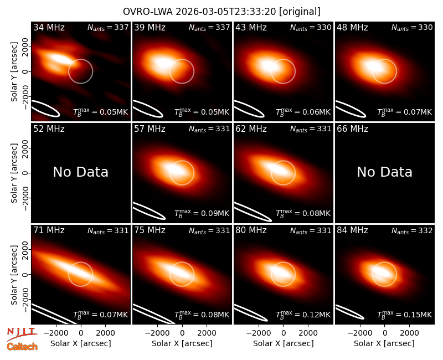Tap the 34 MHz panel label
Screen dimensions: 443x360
(49, 27)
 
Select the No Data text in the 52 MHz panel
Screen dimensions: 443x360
(81, 172)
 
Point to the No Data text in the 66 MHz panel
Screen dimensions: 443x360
(384, 172)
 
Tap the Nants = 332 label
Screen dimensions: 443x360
(412, 231)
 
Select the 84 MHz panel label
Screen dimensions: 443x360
(352, 230)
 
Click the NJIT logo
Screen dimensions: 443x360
(22, 333)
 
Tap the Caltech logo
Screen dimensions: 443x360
(22, 347)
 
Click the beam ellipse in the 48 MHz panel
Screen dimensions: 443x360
(351, 109)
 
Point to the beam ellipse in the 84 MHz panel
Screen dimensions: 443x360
(349, 312)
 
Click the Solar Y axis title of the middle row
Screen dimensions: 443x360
(14, 173)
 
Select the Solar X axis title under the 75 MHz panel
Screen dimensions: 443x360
(182, 343)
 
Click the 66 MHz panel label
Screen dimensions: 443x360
(352, 129)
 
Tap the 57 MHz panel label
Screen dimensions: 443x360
(150, 129)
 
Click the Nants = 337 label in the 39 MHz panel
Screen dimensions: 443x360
(209, 28)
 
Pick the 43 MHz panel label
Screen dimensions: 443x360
(251, 27)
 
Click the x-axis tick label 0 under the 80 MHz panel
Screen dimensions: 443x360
(284, 333)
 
